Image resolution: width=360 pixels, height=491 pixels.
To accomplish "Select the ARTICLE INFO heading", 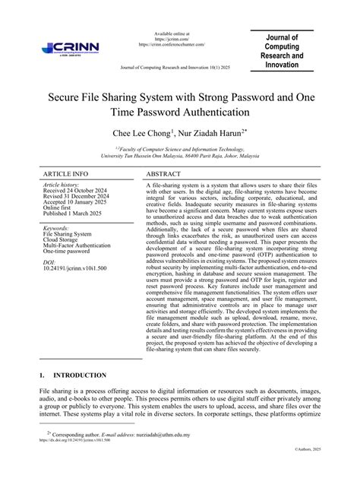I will point(65,174).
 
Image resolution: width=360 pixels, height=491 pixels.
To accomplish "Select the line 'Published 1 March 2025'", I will point(77,214).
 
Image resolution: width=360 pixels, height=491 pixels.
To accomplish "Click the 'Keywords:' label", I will point(57,227).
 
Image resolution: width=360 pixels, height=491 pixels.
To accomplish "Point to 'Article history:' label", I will point(62,185).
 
